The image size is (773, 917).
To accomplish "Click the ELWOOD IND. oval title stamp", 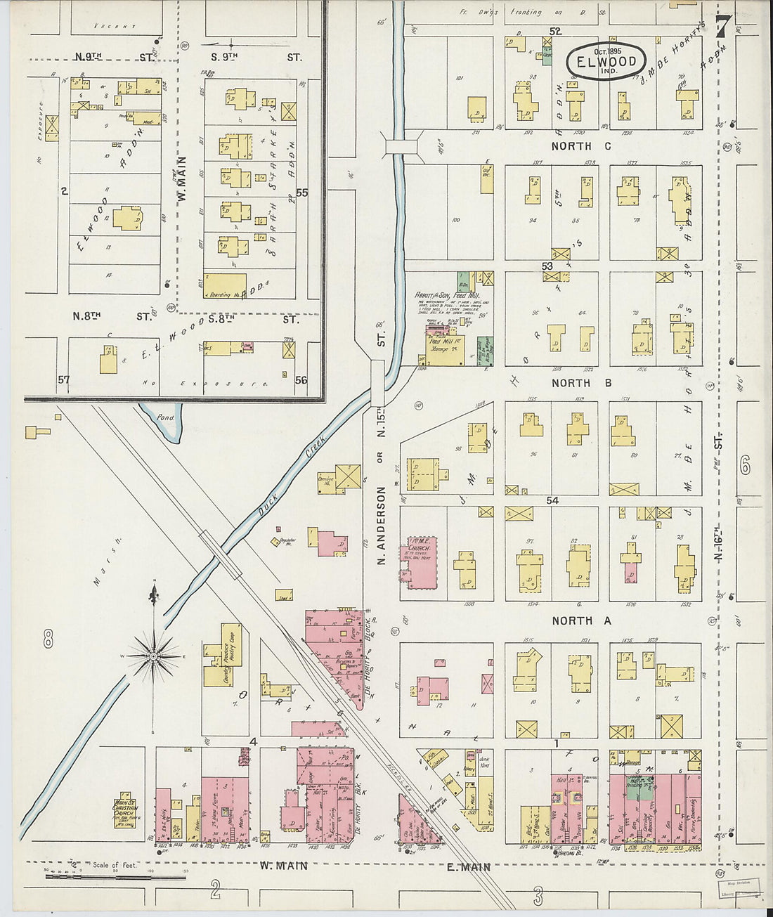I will [x=606, y=61].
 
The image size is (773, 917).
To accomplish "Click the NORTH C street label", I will [x=581, y=146].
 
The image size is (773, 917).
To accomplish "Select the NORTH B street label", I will [x=581, y=383].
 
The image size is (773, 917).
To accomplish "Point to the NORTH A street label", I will [x=581, y=620].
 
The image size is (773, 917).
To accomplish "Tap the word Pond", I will [x=166, y=417].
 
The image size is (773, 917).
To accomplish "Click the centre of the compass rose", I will [x=152, y=656].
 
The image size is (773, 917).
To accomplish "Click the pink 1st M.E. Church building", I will [x=420, y=562].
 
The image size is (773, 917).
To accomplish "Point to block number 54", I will [x=552, y=500].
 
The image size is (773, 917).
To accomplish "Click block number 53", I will [x=547, y=266].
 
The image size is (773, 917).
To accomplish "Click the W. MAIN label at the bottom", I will [x=283, y=866].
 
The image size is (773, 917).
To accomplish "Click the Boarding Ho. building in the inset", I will [x=225, y=284].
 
